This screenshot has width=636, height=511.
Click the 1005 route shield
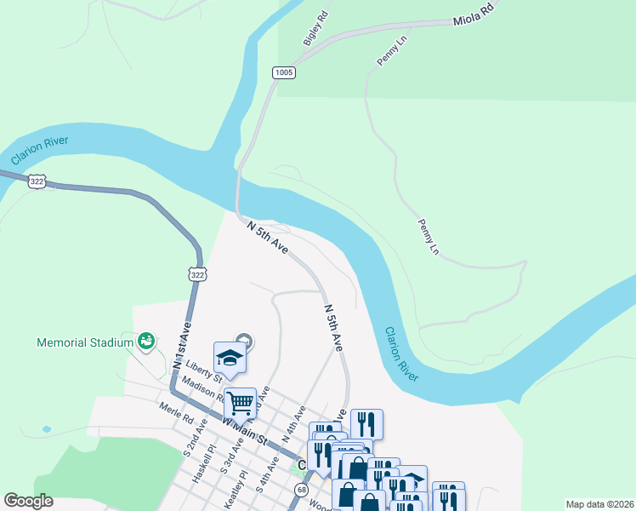(284, 73)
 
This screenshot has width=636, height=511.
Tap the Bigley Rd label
(315, 29)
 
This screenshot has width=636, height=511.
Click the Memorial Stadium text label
(85, 342)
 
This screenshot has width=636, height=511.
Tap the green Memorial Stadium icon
(145, 342)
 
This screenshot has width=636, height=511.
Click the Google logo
(28, 501)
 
